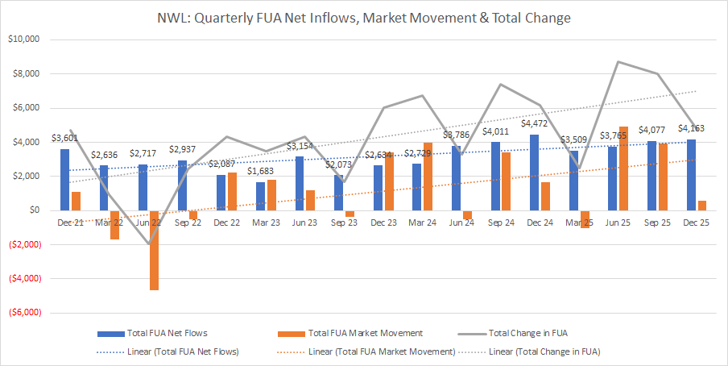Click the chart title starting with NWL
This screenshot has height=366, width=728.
click(x=364, y=17)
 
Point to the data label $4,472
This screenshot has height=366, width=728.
click(x=536, y=124)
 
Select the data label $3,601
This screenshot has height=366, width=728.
click(x=65, y=139)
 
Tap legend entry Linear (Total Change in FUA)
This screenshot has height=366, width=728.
click(x=544, y=351)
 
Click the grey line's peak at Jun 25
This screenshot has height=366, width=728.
click(x=618, y=61)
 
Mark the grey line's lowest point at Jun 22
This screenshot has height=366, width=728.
click(x=149, y=243)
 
